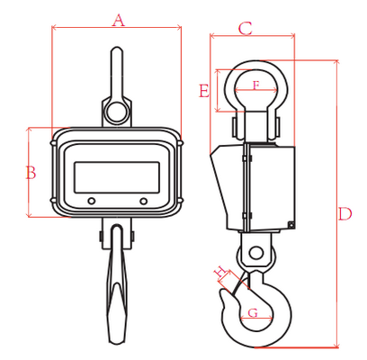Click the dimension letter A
[119, 21]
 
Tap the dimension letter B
[31, 173]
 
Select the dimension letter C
[246, 29]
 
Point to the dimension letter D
[345, 213]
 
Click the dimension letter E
[204, 91]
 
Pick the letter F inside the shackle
[255, 85]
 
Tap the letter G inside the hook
[253, 313]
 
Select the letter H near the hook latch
[220, 271]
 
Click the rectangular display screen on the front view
[117, 177]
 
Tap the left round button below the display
[91, 201]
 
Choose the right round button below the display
[144, 201]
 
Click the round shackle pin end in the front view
[117, 112]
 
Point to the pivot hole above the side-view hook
[255, 252]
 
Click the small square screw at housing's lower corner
[291, 224]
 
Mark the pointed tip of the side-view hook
[222, 290]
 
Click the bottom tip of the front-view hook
[115, 342]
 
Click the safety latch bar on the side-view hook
[240, 282]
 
